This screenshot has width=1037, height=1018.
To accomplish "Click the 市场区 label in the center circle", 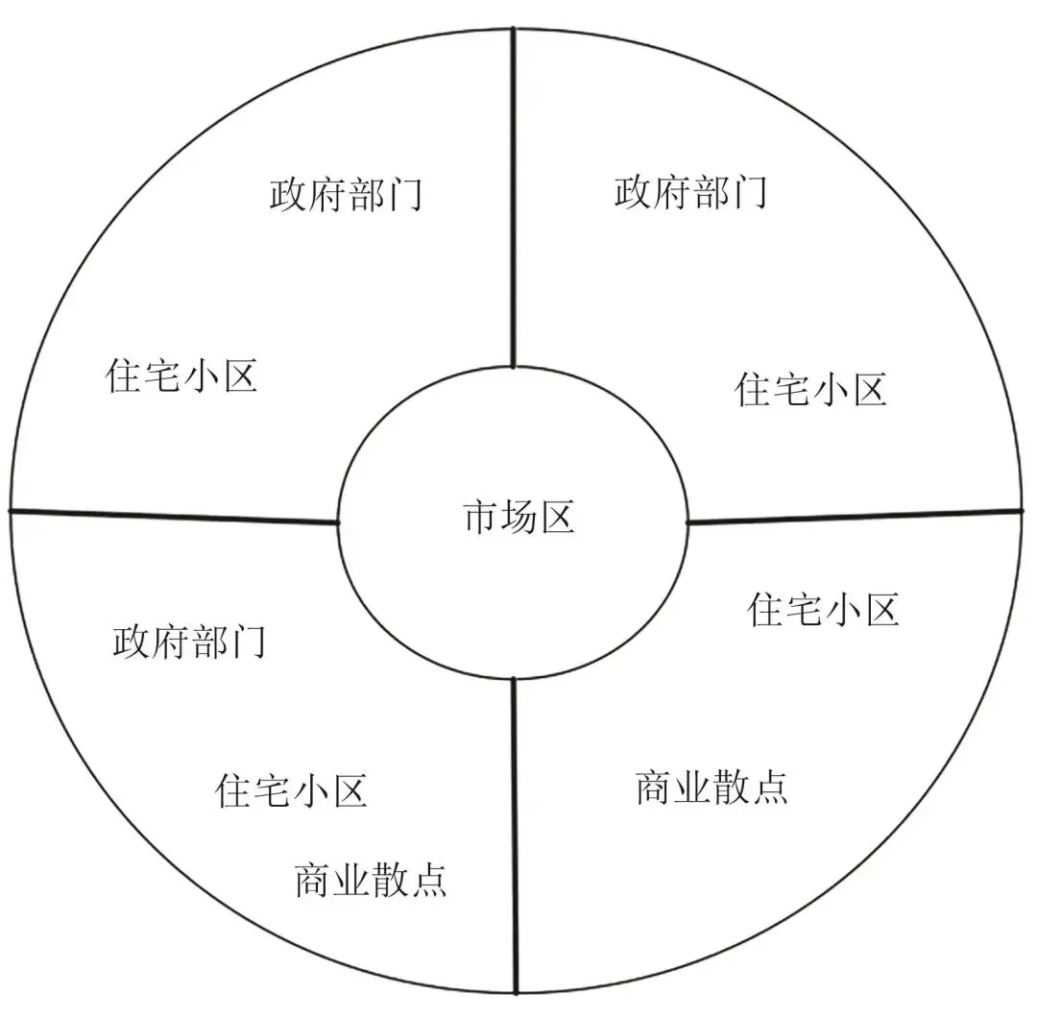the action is tap(518, 518).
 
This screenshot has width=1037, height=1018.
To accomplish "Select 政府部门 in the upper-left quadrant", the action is tap(346, 195).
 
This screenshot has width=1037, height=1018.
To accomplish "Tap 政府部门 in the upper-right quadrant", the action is tap(690, 192).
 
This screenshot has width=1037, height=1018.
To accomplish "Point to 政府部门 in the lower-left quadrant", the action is tap(189, 642).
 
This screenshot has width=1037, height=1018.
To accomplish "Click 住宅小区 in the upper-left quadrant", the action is tap(181, 376).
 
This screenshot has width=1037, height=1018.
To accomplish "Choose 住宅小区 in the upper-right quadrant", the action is tap(810, 390).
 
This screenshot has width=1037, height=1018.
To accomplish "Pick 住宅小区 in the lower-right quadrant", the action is tap(823, 610).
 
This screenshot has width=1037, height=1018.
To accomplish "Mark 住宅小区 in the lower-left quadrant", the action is tap(291, 791).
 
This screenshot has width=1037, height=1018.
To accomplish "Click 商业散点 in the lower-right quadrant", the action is tap(711, 788).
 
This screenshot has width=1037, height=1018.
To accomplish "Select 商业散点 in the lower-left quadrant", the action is tap(371, 880).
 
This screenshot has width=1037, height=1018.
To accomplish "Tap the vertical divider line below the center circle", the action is tap(516, 836).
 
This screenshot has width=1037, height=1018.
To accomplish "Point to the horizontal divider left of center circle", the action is tap(173, 516).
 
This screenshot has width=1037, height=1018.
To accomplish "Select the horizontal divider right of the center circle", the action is tap(855, 516).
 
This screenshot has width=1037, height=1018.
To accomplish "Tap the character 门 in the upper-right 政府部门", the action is tap(748, 192).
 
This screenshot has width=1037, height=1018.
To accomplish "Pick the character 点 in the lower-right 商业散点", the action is tap(769, 788).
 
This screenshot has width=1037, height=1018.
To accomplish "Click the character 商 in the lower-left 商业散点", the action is tap(313, 880).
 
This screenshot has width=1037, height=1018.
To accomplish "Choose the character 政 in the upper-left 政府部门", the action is tap(288, 195).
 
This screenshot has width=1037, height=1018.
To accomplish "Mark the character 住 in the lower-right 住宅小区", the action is tap(766, 610).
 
